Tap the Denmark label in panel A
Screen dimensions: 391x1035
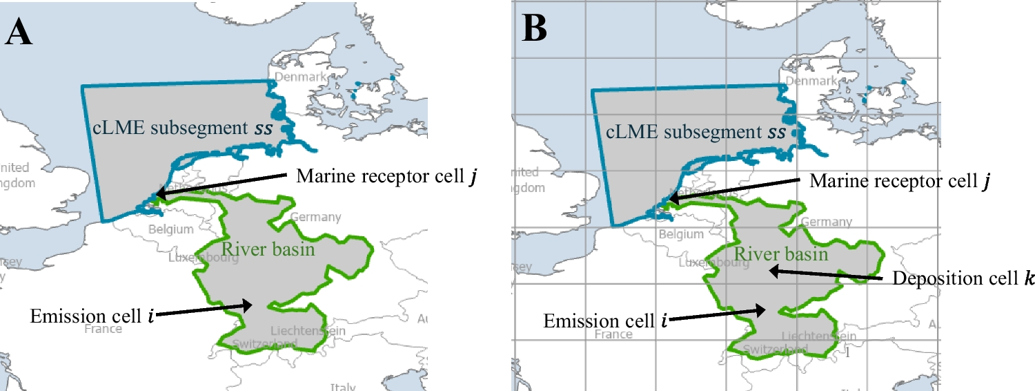click(x=300, y=77)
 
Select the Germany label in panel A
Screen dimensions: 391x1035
click(x=315, y=217)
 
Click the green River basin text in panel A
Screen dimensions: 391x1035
click(x=268, y=249)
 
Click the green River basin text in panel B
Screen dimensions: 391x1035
click(x=780, y=254)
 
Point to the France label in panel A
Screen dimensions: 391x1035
click(x=103, y=329)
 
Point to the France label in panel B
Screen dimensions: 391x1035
click(x=613, y=334)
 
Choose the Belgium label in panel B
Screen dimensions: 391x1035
click(x=681, y=234)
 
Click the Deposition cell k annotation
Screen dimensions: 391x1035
click(x=963, y=278)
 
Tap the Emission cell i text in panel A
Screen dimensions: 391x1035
click(x=92, y=316)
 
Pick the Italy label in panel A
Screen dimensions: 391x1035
click(x=343, y=387)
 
